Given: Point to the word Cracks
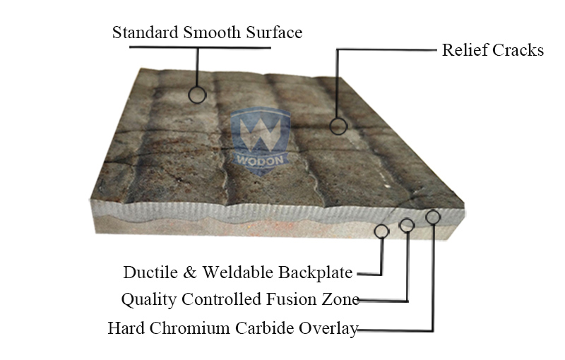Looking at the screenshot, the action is pos(518,50).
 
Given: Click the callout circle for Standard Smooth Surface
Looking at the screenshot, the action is pos(197,93).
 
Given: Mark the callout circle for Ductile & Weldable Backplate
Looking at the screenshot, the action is pos(382,231).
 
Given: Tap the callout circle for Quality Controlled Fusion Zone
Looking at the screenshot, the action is pos(407,226).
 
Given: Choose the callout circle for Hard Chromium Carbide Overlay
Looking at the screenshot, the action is pos(433,217).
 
